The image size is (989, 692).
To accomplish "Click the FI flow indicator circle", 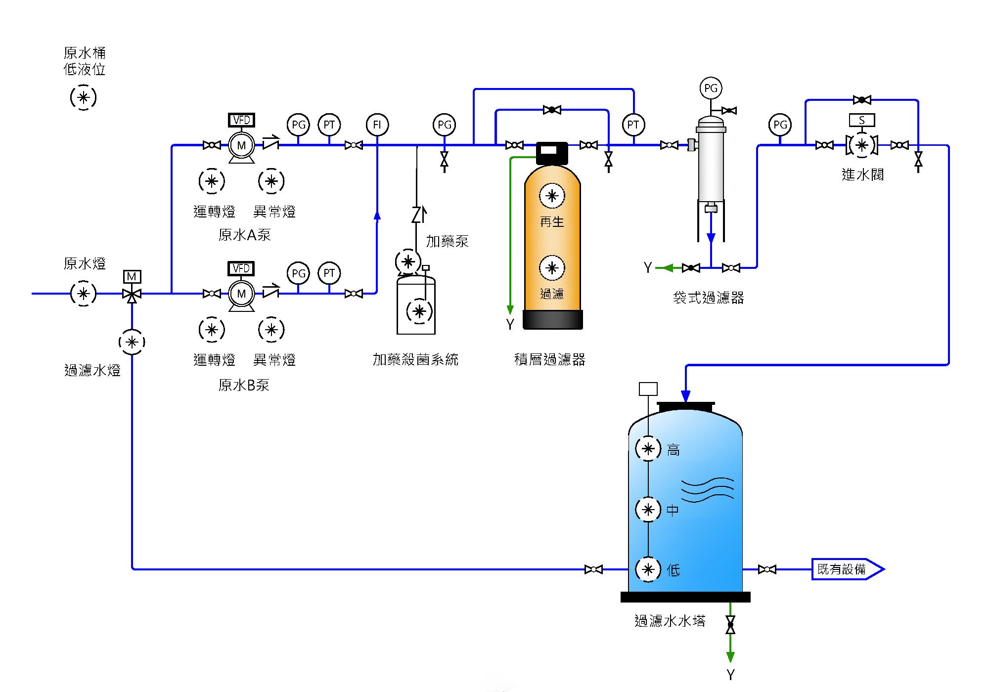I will [377, 125].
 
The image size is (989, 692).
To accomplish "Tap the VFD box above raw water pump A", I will [241, 120].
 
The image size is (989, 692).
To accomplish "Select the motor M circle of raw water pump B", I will [241, 294].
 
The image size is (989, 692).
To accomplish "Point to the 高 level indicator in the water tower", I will [648, 449].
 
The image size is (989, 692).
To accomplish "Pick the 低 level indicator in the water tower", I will [648, 569].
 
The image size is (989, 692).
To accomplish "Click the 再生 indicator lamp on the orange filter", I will [552, 196].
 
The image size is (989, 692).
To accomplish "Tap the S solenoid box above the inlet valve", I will [862, 120].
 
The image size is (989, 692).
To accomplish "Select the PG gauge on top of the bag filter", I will [711, 88].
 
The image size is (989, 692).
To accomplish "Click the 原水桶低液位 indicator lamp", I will [83, 97].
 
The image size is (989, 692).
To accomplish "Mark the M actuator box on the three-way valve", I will [132, 276].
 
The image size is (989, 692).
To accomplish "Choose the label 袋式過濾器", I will [708, 298].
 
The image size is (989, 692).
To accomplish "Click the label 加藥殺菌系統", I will [415, 359].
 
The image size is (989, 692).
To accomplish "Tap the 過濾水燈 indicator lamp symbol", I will [132, 342].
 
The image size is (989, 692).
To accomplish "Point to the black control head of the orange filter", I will [552, 153].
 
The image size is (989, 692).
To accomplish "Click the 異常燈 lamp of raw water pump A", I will [271, 181].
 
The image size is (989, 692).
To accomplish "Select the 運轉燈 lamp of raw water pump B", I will [212, 330].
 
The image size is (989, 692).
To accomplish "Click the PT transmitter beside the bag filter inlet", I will [633, 125].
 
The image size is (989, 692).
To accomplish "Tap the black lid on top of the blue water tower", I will [685, 407].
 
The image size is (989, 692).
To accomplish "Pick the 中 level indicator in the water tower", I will [648, 509].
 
